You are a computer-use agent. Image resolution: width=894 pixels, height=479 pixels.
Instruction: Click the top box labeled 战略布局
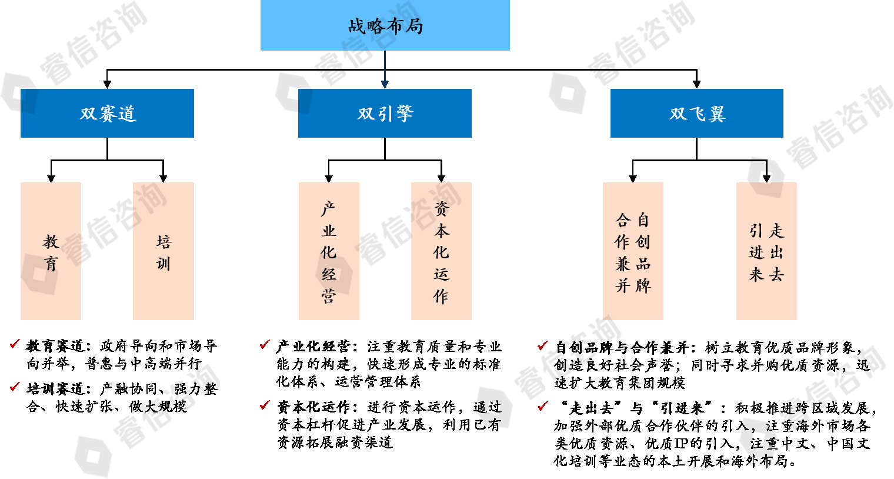(385, 25)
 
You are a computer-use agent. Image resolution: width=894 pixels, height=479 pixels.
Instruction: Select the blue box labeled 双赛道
(107, 113)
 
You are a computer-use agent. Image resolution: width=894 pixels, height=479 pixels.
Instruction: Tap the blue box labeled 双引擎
(385, 113)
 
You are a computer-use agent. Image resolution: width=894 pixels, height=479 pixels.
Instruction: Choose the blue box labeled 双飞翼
(696, 113)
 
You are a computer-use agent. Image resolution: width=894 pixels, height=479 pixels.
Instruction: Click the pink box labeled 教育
(51, 251)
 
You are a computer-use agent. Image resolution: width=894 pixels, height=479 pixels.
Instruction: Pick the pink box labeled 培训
(163, 251)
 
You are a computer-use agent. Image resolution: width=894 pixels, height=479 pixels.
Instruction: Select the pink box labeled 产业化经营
(329, 251)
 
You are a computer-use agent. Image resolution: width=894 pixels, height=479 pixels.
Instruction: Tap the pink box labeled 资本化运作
(441, 251)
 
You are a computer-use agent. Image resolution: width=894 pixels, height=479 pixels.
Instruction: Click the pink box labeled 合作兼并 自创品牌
(633, 251)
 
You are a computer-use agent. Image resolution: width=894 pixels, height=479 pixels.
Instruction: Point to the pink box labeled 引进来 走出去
(766, 251)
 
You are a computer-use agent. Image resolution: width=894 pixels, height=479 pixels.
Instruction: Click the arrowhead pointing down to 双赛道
(107, 84)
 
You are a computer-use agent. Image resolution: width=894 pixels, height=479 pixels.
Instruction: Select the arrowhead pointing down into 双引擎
(385, 84)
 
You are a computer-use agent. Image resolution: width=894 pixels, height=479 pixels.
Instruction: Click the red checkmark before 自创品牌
(543, 345)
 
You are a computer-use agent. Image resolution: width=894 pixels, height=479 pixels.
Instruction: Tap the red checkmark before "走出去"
(543, 405)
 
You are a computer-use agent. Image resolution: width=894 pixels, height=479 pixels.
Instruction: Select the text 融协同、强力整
(166, 389)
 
